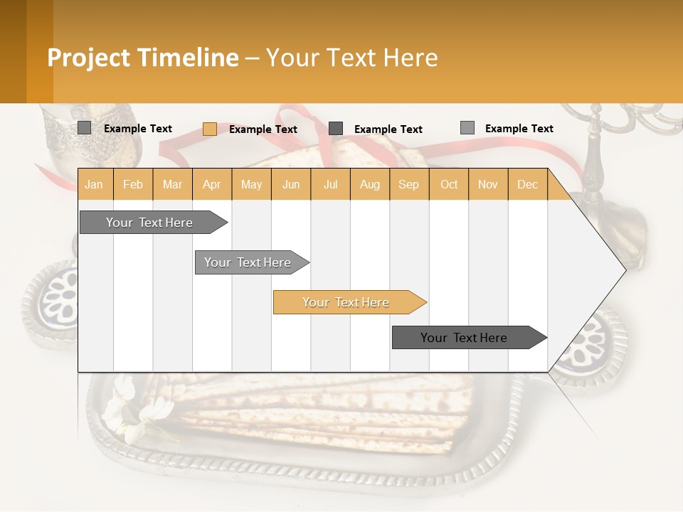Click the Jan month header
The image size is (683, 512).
point(94,184)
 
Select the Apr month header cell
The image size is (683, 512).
point(211,184)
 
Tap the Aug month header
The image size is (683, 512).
point(369,184)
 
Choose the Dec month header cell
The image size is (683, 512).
point(527,184)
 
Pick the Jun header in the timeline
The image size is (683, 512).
point(291,184)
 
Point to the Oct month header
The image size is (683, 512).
point(449,184)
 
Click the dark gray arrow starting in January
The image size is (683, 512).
point(149,223)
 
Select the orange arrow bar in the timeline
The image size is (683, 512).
point(346,302)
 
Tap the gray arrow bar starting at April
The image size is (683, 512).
point(248,262)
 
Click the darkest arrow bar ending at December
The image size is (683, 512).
point(464,338)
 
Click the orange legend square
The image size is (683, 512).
point(210,129)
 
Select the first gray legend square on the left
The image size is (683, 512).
point(85,128)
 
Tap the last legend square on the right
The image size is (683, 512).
point(467,128)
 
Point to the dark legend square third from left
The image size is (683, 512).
point(336,129)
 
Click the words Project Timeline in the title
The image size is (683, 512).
point(142,58)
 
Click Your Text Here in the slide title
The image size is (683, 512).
point(351,58)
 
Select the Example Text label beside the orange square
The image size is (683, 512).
point(263,129)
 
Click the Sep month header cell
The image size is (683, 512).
point(408,184)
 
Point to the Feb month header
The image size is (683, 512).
point(133,184)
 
